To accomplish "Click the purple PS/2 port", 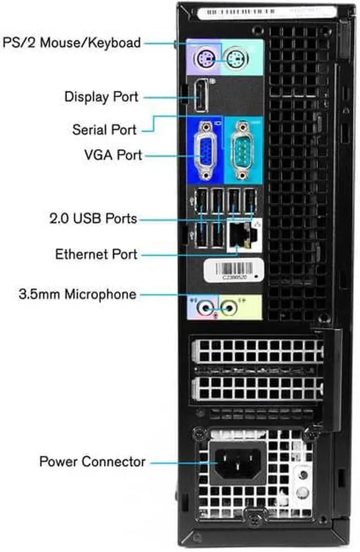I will (204, 56).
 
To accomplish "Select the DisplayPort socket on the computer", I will (201, 96).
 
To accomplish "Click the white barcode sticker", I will (233, 271).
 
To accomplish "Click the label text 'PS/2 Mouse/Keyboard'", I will (72, 43).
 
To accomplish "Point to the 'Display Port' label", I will (101, 96).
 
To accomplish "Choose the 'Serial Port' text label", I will (104, 129).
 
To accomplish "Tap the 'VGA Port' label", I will (110, 155).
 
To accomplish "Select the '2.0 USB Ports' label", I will (93, 218).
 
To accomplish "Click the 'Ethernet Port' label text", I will (96, 254).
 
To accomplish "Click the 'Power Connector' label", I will (92, 462).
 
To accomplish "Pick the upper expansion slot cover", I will (258, 351).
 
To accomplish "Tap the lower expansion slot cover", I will (258, 388).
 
